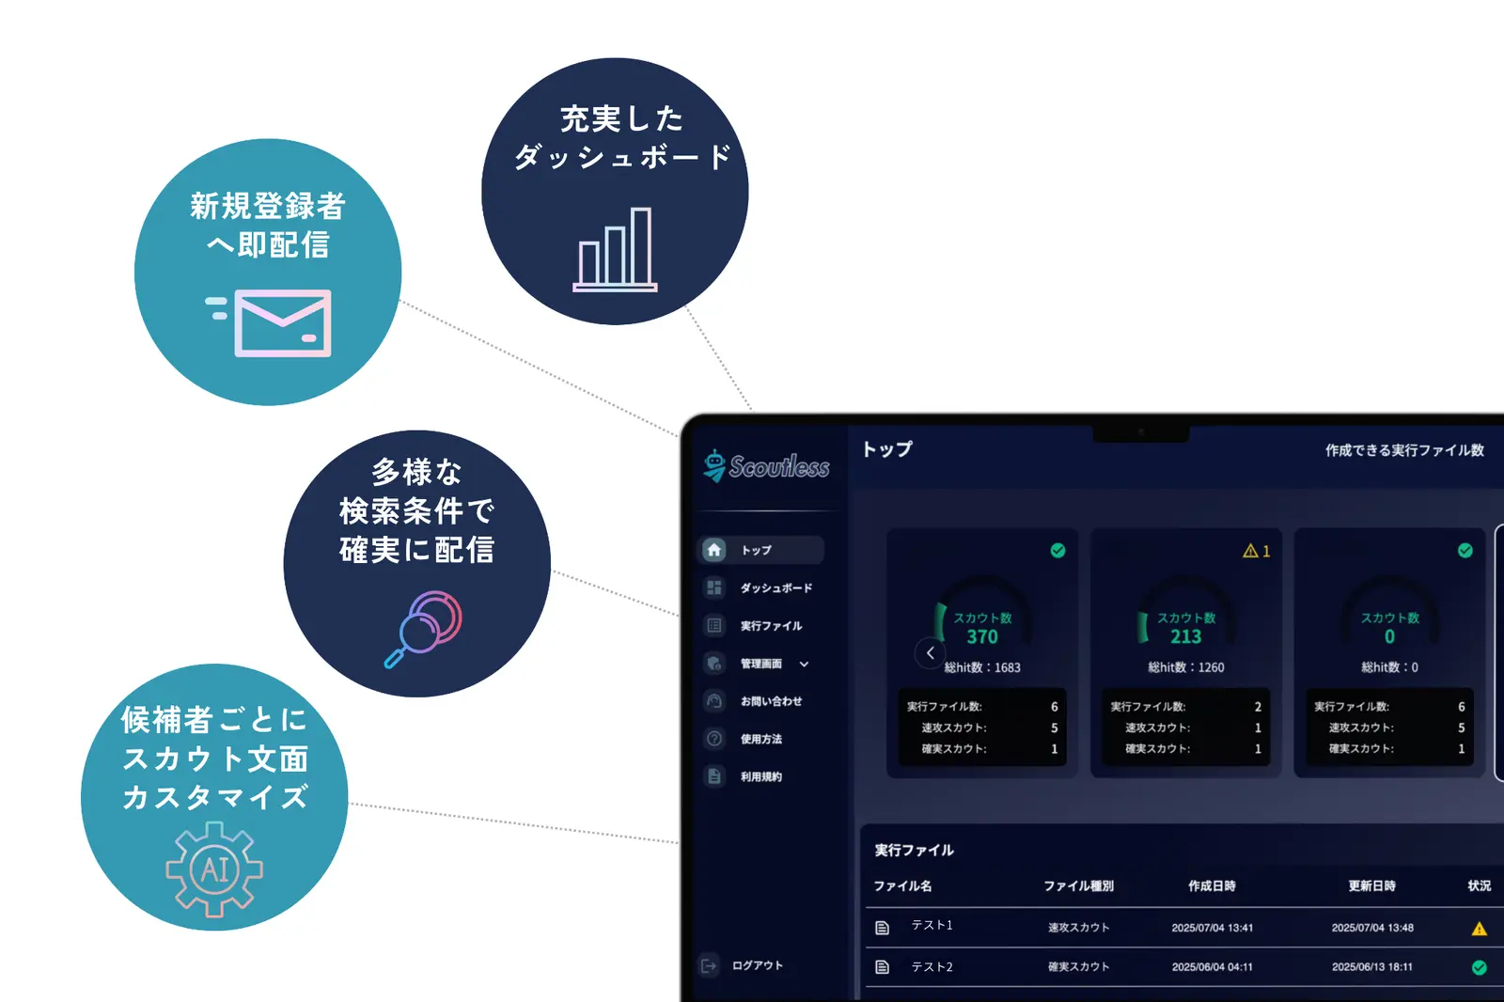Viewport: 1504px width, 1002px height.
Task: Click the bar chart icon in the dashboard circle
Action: [x=616, y=250]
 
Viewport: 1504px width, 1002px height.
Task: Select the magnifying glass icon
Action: [x=424, y=628]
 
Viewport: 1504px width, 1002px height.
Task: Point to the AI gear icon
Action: [x=214, y=869]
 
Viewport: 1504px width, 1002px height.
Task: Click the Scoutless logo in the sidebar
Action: [x=767, y=466]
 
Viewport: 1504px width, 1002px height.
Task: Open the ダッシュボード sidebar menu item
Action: [x=775, y=588]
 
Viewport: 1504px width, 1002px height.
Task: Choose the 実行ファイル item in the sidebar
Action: [x=771, y=626]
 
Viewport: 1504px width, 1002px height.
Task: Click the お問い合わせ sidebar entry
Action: [x=771, y=701]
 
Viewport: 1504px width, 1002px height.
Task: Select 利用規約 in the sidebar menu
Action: [x=760, y=777]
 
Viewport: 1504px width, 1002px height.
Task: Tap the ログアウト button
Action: [x=757, y=965]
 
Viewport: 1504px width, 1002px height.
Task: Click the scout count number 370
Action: [x=982, y=637]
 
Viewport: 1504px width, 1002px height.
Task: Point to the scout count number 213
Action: [x=1185, y=637]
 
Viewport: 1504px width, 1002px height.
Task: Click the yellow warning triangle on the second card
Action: [x=1250, y=551]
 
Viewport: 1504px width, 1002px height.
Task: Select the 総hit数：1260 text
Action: [x=1185, y=667]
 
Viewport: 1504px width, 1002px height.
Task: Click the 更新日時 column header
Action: [x=1371, y=886]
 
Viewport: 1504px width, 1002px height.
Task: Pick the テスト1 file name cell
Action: [x=932, y=926]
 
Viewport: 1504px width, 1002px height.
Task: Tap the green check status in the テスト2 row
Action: [x=1479, y=967]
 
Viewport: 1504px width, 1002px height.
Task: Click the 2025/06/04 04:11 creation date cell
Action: [x=1212, y=967]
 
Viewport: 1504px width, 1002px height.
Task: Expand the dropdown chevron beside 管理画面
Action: [x=804, y=665]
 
